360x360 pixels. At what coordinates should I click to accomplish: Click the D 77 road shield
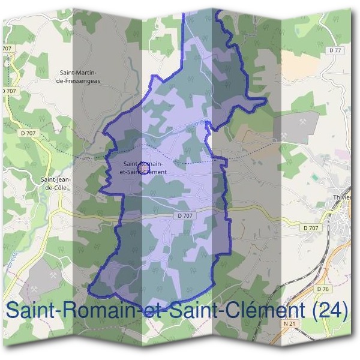[335, 50]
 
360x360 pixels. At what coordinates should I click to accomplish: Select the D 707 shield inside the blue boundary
[185, 215]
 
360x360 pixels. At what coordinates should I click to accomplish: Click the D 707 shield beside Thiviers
[310, 228]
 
